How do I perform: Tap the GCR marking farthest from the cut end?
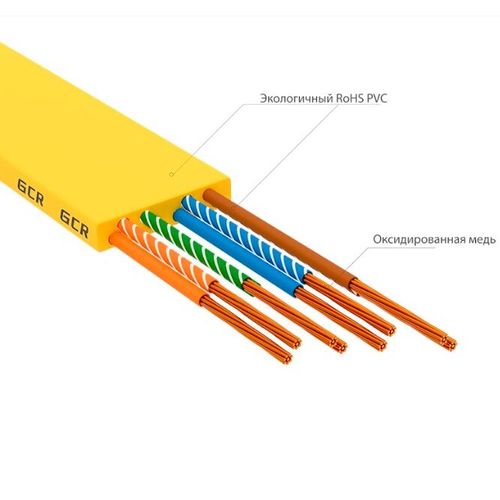coord(30,193)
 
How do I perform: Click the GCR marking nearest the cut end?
coord(74,224)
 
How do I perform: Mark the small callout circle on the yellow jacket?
coord(172,174)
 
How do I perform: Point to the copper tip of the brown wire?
coord(451,342)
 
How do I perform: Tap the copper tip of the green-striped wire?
coord(340,346)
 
